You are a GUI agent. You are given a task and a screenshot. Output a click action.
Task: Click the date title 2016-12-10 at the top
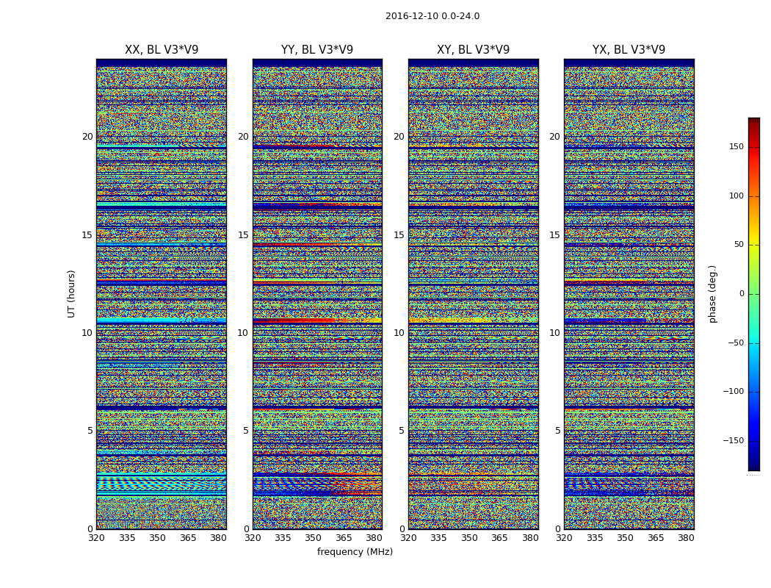[432, 16]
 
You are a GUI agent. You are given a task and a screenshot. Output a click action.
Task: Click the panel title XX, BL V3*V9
[162, 50]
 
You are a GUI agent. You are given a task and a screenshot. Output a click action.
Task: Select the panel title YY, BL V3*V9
[317, 50]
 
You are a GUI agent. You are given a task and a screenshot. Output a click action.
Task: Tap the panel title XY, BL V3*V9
[473, 50]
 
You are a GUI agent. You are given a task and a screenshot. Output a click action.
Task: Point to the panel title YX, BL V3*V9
[629, 50]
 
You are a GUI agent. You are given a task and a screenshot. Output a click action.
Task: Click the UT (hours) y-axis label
[72, 293]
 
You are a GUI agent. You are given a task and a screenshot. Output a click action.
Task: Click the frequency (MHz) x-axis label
[355, 552]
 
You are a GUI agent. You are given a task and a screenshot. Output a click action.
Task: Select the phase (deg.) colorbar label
[712, 293]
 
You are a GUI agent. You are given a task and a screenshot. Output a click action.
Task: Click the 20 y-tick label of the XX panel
[87, 137]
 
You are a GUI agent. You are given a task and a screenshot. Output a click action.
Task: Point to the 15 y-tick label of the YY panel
[243, 235]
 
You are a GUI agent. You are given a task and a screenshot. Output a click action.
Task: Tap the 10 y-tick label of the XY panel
[399, 333]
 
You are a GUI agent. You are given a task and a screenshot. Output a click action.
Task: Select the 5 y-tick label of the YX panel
[557, 431]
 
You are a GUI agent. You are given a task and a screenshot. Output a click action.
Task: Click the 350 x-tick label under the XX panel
[157, 538]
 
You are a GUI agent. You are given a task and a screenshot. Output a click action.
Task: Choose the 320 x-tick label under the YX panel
[564, 538]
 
